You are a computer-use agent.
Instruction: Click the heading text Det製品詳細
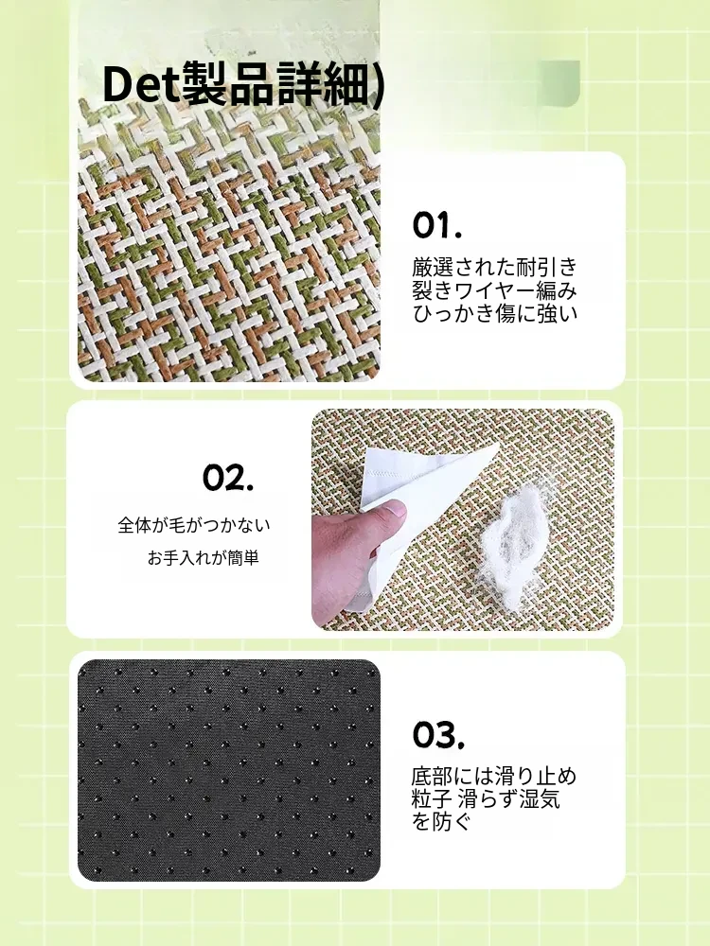point(236,84)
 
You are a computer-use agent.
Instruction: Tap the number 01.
point(437,225)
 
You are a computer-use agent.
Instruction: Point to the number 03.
point(438,735)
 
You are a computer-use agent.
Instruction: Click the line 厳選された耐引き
point(495,267)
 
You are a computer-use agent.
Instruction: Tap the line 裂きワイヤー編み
point(495,290)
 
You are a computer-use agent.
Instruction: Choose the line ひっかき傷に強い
point(495,314)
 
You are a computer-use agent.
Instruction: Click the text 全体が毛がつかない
point(194,525)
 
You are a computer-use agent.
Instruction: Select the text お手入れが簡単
point(203,558)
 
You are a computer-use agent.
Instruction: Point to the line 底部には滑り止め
point(494,776)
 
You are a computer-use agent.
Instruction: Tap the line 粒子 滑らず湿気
point(486,798)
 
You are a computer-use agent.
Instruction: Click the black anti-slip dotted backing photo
point(229,770)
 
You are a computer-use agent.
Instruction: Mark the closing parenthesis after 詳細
point(377,85)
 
